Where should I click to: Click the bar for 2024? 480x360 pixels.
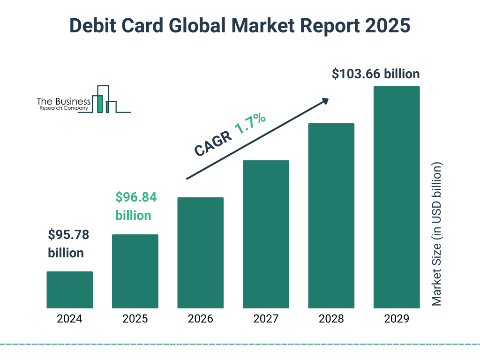pos(69,290)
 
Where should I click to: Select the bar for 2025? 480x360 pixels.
pos(135,271)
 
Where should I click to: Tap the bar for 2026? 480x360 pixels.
pos(200,253)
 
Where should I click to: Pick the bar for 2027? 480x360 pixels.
pos(266,234)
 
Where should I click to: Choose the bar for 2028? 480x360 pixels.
pos(331,216)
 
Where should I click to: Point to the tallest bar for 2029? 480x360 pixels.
pos(397,197)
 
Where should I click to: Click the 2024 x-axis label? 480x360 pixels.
pos(69,319)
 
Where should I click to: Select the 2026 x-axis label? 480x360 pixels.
pos(200,319)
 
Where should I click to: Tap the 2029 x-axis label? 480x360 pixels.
pos(397,319)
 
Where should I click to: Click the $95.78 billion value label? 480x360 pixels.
pos(68,244)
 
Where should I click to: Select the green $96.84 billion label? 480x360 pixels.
pos(135,206)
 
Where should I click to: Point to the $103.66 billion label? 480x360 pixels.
pos(375,74)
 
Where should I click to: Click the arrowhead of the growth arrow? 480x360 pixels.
pos(325,101)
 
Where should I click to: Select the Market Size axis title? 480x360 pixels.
pos(437,234)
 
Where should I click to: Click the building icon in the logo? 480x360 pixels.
pos(105,100)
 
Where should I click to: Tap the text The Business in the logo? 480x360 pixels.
pos(64,102)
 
